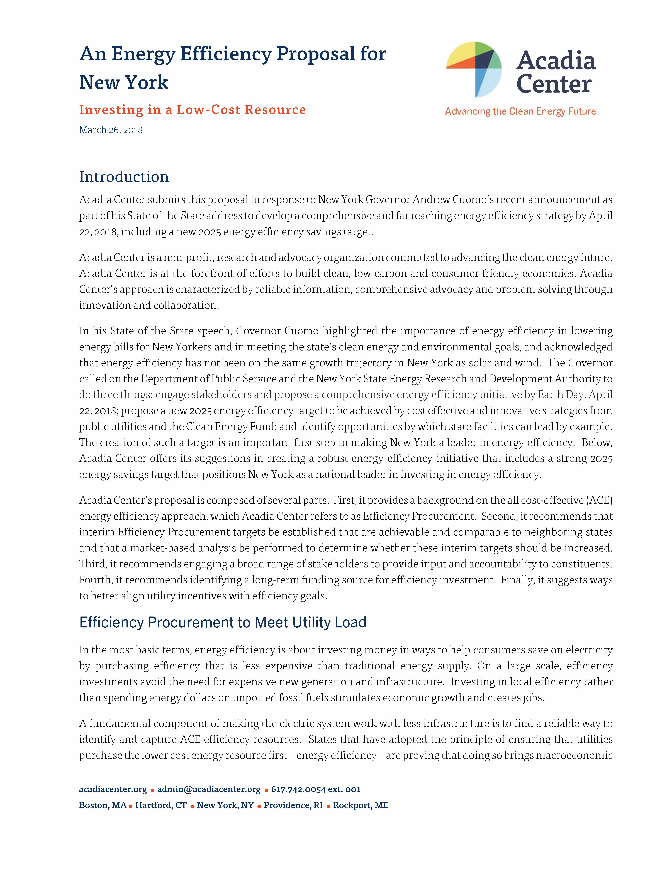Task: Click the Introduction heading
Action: pyautogui.click(x=124, y=177)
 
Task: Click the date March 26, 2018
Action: pyautogui.click(x=111, y=130)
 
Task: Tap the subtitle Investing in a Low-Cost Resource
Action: pyautogui.click(x=192, y=110)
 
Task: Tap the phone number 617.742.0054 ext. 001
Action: pyautogui.click(x=316, y=789)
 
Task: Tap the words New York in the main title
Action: pyautogui.click(x=124, y=83)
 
